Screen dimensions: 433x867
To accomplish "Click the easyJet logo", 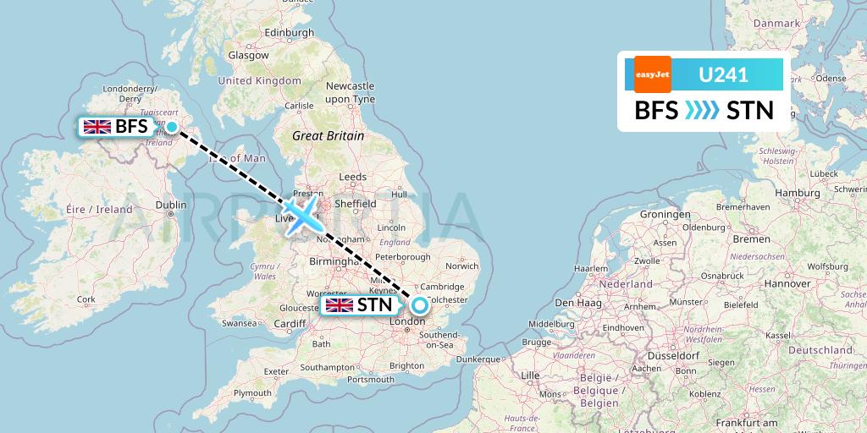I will pos(652,74).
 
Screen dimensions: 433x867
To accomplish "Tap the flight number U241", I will pos(722,74).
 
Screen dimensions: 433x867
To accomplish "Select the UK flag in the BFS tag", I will pos(97,128).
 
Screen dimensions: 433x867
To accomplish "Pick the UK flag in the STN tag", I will pos(340,305).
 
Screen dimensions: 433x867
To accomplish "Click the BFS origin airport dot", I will pos(172,127).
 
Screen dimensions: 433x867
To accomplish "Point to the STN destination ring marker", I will pos(419,305).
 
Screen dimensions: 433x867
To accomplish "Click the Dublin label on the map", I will pos(170,204).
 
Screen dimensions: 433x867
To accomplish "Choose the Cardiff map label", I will pos(290,323).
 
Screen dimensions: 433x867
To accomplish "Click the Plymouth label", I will pos(253,393).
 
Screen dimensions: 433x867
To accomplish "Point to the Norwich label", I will pos(461,266).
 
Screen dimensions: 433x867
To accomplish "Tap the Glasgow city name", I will pos(248,55).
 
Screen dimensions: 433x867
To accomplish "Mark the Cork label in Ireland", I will pos(86,299).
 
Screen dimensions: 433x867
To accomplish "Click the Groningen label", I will pos(665,215).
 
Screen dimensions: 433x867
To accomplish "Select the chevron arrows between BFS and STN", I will pos(703,111).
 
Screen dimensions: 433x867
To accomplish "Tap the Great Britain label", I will pos(328,135).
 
